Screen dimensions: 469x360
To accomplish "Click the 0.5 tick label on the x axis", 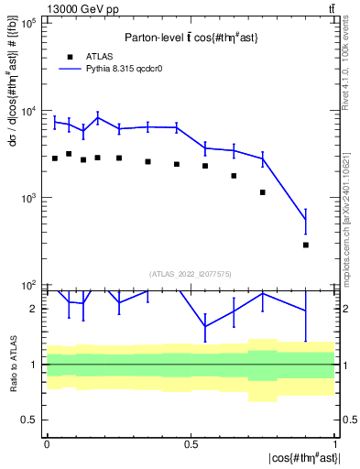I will pyautogui.click(x=191, y=443).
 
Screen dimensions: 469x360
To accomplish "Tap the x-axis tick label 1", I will pyautogui.click(x=335, y=443).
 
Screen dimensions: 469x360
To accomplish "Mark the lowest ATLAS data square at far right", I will pyautogui.click(x=306, y=245).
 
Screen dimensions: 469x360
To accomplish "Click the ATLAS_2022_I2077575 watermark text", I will pyautogui.click(x=191, y=274).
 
